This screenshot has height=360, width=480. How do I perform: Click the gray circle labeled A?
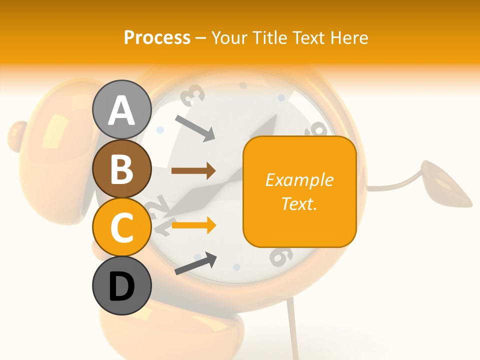[121, 109]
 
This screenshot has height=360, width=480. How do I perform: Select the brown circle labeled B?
[121, 168]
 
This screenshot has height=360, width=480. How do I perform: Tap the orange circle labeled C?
[121, 227]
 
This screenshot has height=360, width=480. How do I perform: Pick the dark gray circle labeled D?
[121, 285]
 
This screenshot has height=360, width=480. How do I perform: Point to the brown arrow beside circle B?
[193, 171]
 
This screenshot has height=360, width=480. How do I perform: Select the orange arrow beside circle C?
[193, 225]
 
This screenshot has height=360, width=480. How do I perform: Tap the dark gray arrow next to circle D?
[195, 263]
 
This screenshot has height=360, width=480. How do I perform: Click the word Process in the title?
[157, 37]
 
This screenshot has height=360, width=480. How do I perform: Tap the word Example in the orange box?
[299, 180]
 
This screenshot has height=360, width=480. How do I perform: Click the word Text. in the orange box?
[299, 203]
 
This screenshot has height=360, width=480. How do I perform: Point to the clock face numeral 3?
[193, 95]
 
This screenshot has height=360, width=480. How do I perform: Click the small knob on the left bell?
[17, 131]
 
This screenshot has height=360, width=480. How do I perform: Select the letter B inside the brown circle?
[121, 168]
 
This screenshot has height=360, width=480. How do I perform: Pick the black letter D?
[121, 286]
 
